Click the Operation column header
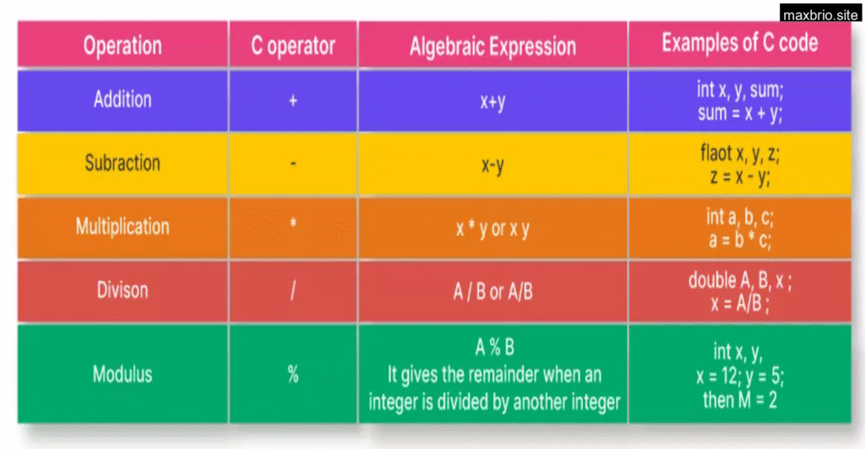(x=122, y=46)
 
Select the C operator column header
(x=293, y=46)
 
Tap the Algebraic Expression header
(x=492, y=46)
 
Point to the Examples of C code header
(x=740, y=42)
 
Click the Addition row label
(x=122, y=100)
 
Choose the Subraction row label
(x=122, y=163)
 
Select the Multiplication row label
(x=122, y=226)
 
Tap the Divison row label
(x=122, y=290)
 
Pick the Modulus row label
(x=122, y=375)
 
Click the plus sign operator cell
(x=293, y=100)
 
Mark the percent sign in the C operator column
(x=293, y=375)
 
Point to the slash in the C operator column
(x=293, y=290)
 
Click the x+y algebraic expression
(x=492, y=102)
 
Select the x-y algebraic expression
(x=492, y=165)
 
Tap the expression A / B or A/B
(x=492, y=291)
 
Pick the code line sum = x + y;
(x=740, y=113)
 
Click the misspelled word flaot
(x=716, y=153)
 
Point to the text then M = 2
(x=740, y=400)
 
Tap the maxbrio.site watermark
(x=820, y=15)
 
